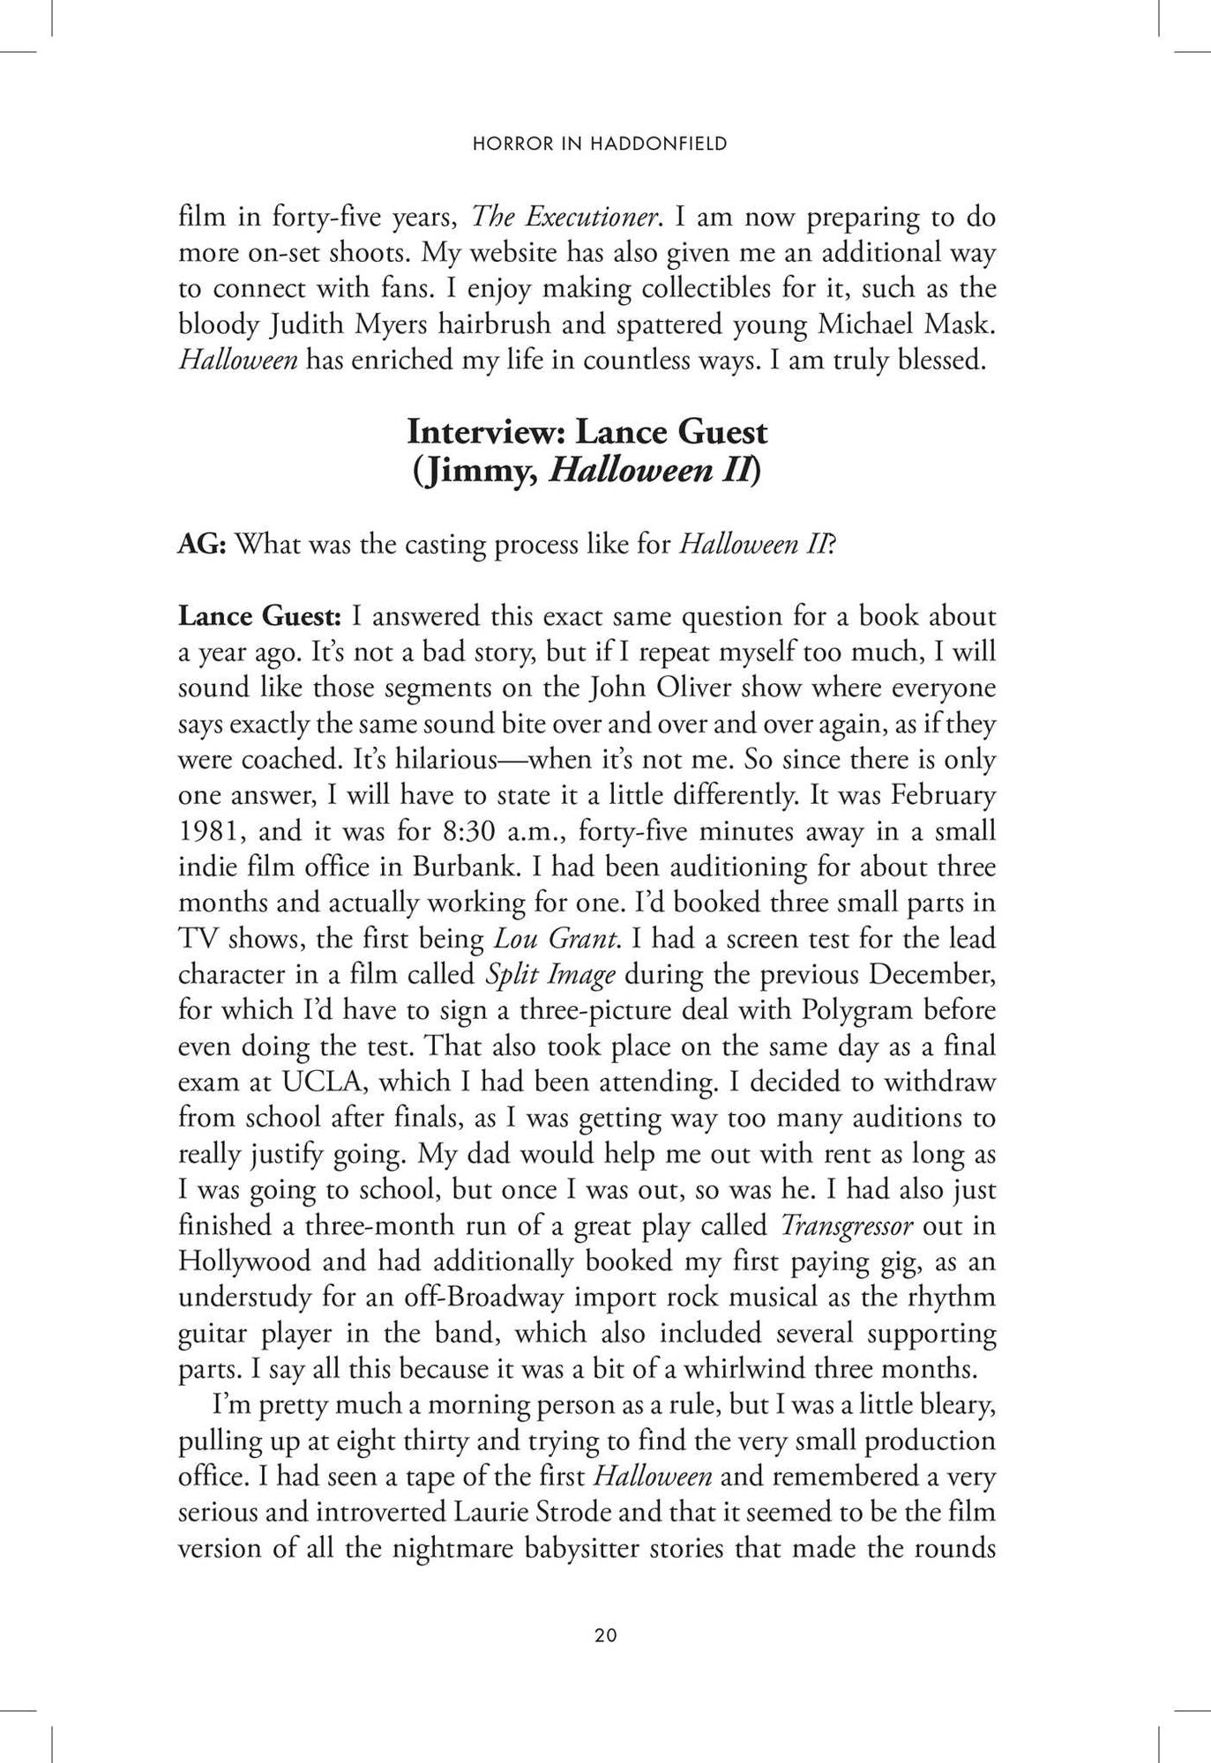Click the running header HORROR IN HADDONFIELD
600,144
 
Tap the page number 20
606,1635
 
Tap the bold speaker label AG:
203,544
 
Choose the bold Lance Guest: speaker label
260,615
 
